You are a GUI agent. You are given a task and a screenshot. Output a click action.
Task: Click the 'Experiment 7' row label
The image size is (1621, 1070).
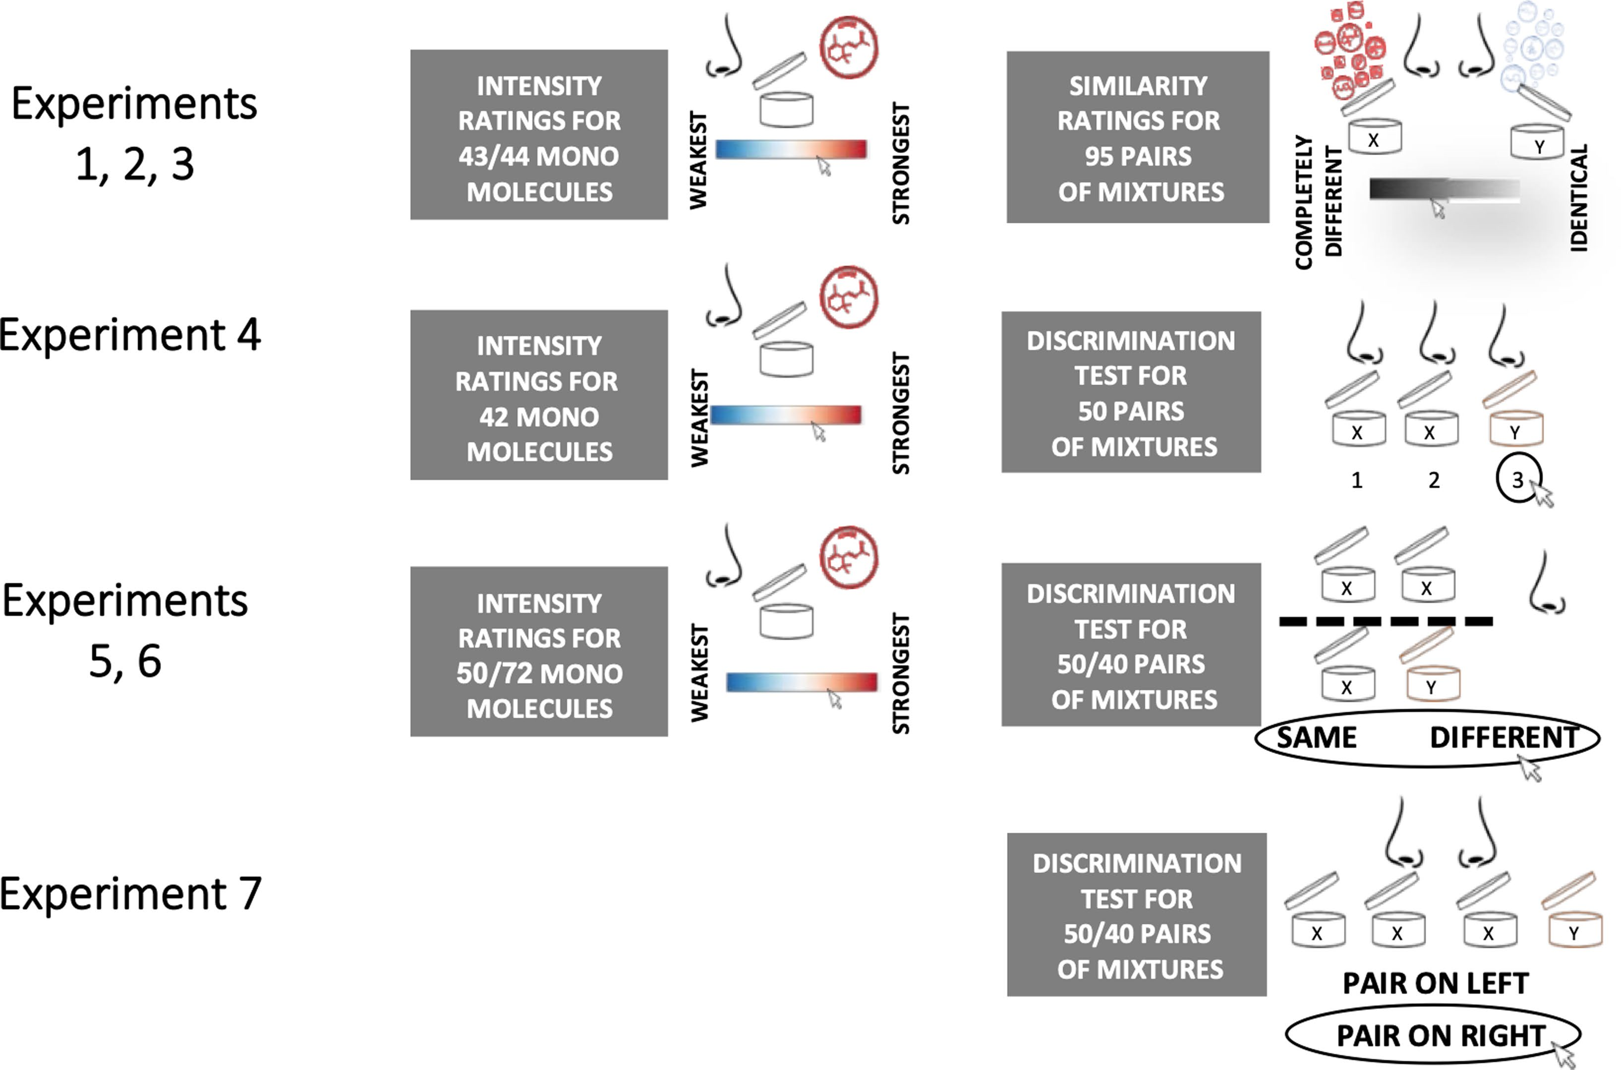point(129,894)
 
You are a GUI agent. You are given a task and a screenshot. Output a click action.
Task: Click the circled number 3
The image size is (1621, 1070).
point(1517,479)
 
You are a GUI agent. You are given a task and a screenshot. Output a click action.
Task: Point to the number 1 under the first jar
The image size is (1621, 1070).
point(1357,480)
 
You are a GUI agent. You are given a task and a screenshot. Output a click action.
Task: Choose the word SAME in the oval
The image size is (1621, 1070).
point(1316,738)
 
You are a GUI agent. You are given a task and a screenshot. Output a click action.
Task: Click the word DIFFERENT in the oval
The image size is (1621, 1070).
point(1504,738)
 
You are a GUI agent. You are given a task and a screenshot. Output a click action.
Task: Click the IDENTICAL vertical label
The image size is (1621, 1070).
point(1579,198)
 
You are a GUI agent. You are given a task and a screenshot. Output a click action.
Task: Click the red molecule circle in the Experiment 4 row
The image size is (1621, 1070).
point(849,297)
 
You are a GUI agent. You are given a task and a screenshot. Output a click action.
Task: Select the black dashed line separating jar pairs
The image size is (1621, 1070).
point(1385,621)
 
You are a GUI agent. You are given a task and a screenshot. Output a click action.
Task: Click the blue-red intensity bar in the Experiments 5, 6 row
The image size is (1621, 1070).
point(802,682)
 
